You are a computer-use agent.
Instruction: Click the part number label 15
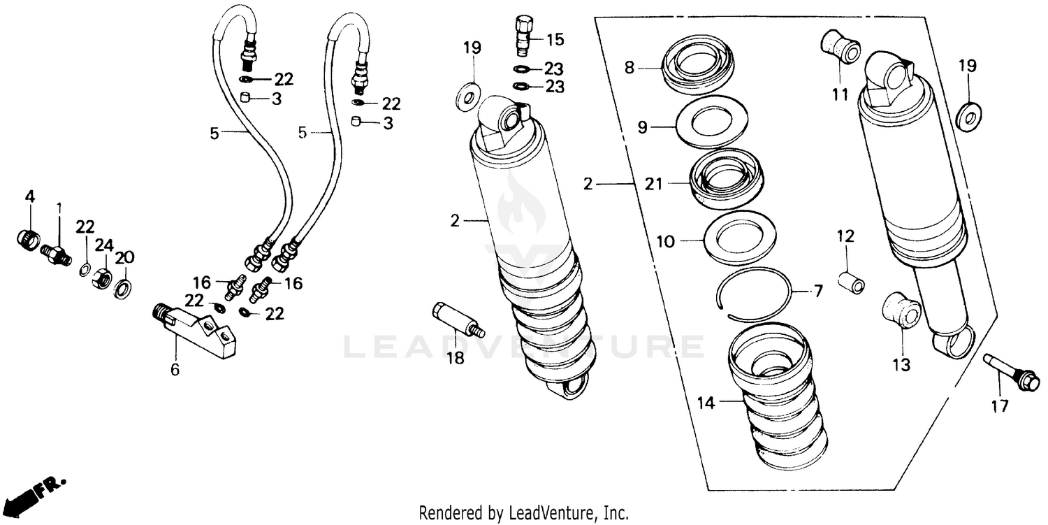555,40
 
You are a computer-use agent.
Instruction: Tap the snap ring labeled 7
757,294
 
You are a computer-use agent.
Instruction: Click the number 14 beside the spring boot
707,402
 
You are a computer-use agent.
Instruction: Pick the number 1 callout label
59,208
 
